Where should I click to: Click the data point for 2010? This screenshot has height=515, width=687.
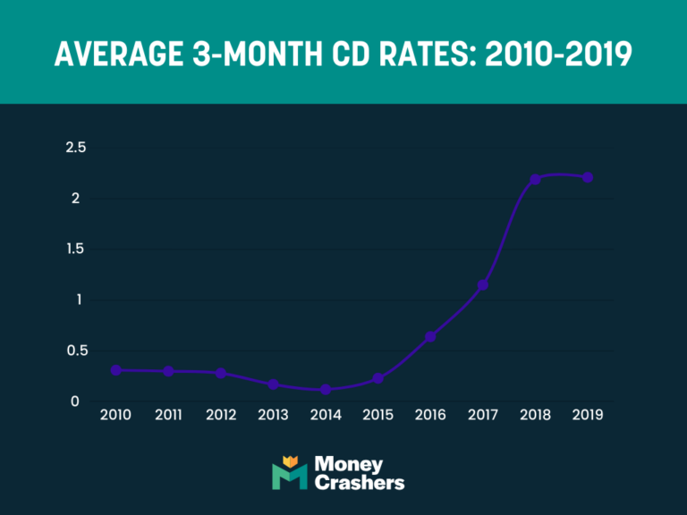tap(116, 369)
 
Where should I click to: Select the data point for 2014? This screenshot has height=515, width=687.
tap(326, 390)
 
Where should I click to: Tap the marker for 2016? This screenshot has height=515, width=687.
tap(430, 337)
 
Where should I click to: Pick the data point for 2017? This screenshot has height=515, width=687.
tap(483, 285)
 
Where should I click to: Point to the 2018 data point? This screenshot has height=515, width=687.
tap(535, 180)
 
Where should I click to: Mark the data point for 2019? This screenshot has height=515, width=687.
tap(588, 177)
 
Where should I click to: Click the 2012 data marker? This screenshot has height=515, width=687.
tap(221, 373)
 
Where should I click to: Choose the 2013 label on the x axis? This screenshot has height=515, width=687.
tap(273, 416)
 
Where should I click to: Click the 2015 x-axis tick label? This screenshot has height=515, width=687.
tap(377, 416)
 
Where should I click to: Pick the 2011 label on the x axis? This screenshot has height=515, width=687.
tap(168, 416)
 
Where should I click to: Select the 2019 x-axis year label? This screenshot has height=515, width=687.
tap(588, 416)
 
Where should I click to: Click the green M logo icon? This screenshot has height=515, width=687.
tap(289, 473)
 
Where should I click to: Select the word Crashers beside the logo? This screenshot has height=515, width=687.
tap(360, 483)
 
